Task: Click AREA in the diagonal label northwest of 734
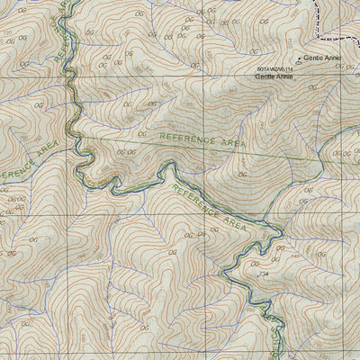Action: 232,220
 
